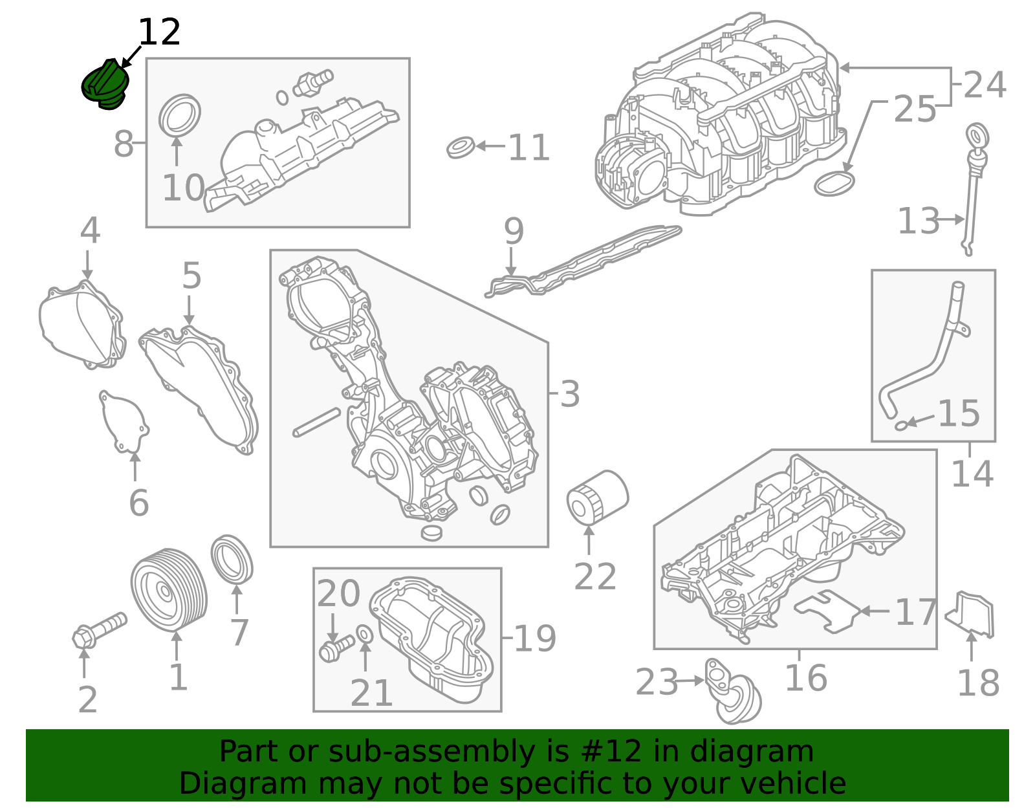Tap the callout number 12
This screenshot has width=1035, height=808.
click(x=159, y=32)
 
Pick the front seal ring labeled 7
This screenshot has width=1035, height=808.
click(x=232, y=558)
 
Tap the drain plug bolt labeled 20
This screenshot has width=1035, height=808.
click(x=336, y=648)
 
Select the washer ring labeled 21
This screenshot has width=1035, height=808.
click(x=365, y=635)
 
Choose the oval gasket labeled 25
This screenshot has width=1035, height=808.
click(x=833, y=183)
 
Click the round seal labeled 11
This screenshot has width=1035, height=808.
click(x=461, y=147)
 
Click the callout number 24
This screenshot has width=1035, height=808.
click(x=984, y=85)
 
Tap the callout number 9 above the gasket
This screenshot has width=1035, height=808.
click(x=513, y=231)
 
